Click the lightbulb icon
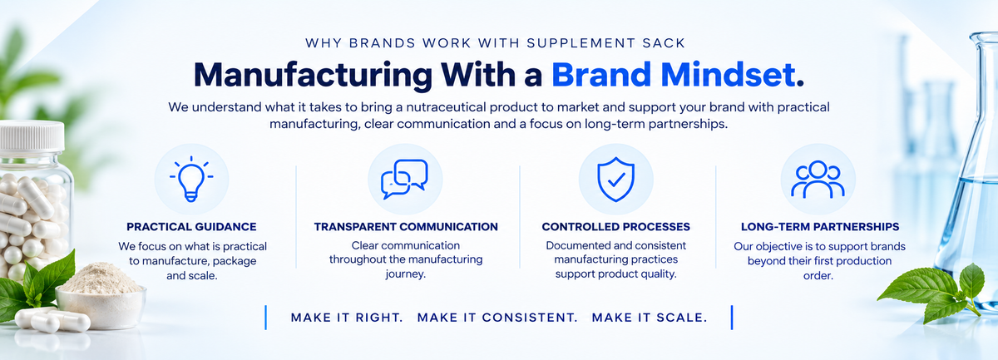(191, 179)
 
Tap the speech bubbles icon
(404, 179)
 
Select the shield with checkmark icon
(615, 179)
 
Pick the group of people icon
(818, 179)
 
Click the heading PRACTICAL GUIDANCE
(191, 227)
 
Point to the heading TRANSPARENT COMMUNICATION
(406, 227)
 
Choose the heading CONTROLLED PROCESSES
(615, 227)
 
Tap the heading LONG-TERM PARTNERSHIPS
(820, 227)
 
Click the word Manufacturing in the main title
(313, 76)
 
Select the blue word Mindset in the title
(733, 74)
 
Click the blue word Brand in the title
(601, 74)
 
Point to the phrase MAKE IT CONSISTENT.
(497, 318)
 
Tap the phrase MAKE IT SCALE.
(650, 318)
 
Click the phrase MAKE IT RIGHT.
(347, 318)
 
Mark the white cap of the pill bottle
(32, 135)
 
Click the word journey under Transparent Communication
(406, 274)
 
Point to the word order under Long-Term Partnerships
(818, 276)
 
